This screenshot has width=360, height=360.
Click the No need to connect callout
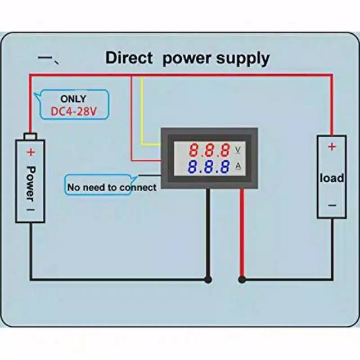click(x=111, y=187)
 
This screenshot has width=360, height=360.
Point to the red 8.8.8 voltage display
click(x=209, y=150)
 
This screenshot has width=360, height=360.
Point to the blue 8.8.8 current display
click(x=209, y=167)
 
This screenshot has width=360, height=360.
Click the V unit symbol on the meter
click(x=238, y=150)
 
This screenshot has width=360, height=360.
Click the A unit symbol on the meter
click(x=238, y=166)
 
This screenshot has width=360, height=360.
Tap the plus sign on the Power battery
click(x=30, y=152)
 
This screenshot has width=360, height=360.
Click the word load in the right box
click(x=331, y=178)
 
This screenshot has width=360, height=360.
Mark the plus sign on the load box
click(x=331, y=147)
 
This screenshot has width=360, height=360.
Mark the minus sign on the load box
click(x=331, y=206)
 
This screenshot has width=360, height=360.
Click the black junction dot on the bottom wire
click(x=208, y=278)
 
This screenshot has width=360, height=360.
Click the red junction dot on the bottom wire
click(x=242, y=278)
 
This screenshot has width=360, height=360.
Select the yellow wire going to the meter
click(x=142, y=112)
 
